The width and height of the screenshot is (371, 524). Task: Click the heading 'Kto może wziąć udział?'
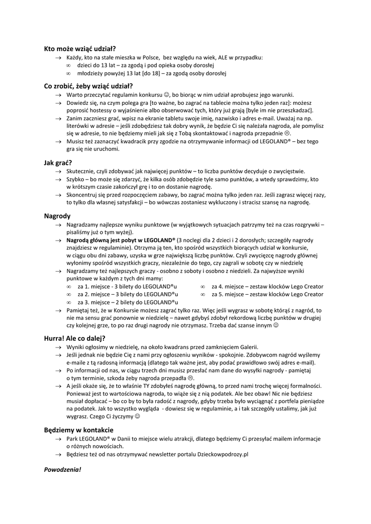coord(80,49)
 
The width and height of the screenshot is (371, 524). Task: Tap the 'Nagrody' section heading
coord(57,216)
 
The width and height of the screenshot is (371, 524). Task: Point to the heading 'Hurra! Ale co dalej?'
coord(75,338)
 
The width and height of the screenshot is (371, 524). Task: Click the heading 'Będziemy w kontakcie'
coord(78,430)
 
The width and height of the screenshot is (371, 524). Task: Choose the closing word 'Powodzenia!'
coord(63,469)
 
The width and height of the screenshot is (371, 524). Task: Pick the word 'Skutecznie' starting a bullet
coord(82,171)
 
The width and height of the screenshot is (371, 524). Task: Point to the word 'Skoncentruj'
coord(85,194)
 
